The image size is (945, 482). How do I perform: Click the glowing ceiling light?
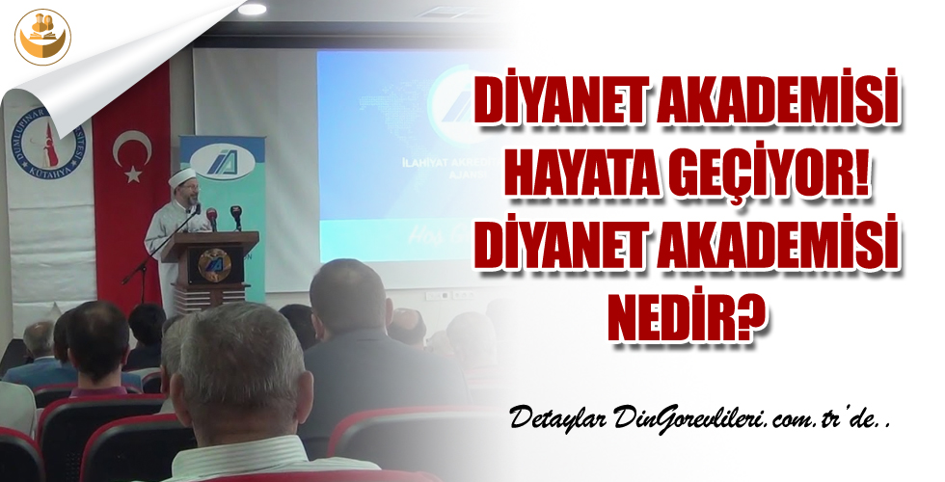pos(252,9)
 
